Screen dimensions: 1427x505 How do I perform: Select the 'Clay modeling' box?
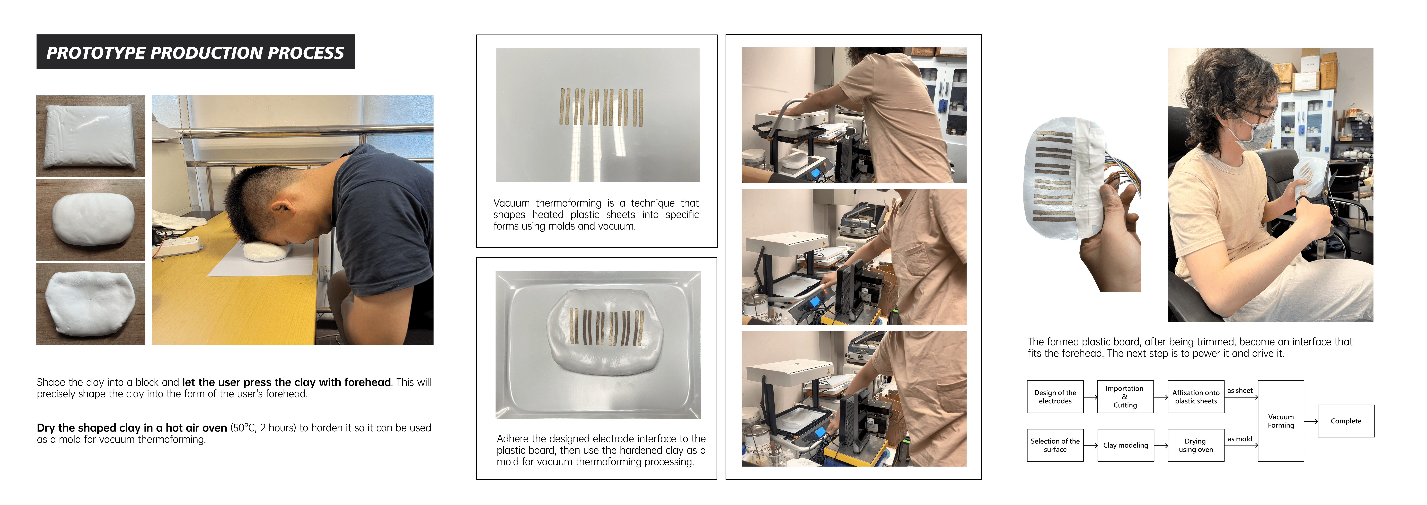1125,445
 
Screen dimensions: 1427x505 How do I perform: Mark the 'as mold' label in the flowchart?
1240,439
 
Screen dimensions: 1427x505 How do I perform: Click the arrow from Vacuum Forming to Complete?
1311,421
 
